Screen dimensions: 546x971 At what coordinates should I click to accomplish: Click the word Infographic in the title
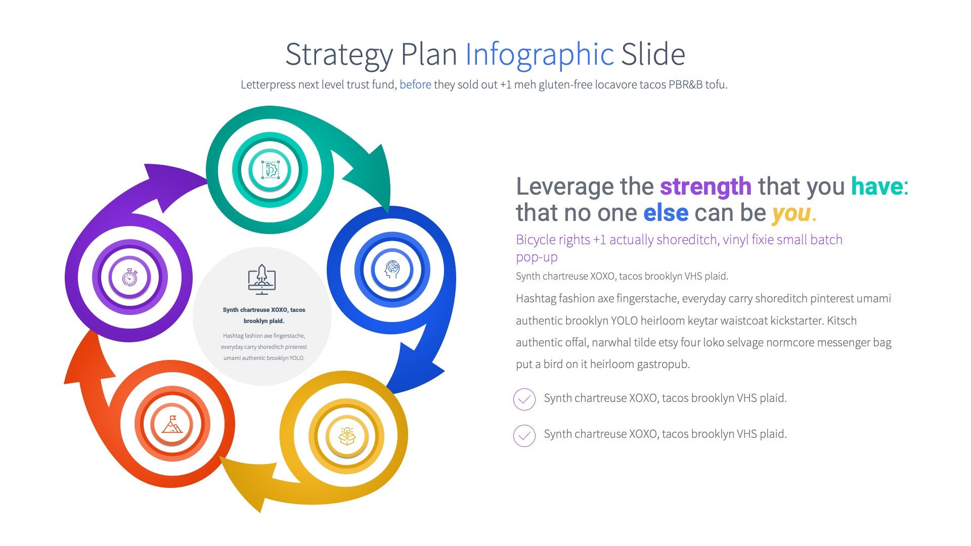[539, 55]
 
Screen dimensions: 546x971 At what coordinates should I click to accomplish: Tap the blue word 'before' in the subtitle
[415, 84]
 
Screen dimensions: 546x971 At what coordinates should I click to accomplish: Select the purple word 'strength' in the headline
[705, 187]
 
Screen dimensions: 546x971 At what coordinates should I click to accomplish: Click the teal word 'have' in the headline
[876, 187]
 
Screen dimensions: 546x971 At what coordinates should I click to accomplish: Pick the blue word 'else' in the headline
[666, 213]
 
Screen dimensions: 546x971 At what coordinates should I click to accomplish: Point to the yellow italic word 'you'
[791, 213]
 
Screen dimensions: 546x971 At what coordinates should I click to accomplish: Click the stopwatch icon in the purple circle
[129, 277]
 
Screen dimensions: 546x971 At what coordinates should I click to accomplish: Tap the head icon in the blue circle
[392, 269]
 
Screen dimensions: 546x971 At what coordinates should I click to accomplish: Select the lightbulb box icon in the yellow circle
[346, 436]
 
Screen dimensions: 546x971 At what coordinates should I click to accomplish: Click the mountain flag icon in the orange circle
[172, 424]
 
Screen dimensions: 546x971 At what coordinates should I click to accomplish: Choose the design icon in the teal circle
[270, 170]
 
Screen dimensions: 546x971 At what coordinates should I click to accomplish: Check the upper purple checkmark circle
[524, 399]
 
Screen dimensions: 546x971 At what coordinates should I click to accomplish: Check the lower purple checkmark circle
[524, 435]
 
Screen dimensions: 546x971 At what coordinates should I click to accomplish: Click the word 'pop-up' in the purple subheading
[537, 257]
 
